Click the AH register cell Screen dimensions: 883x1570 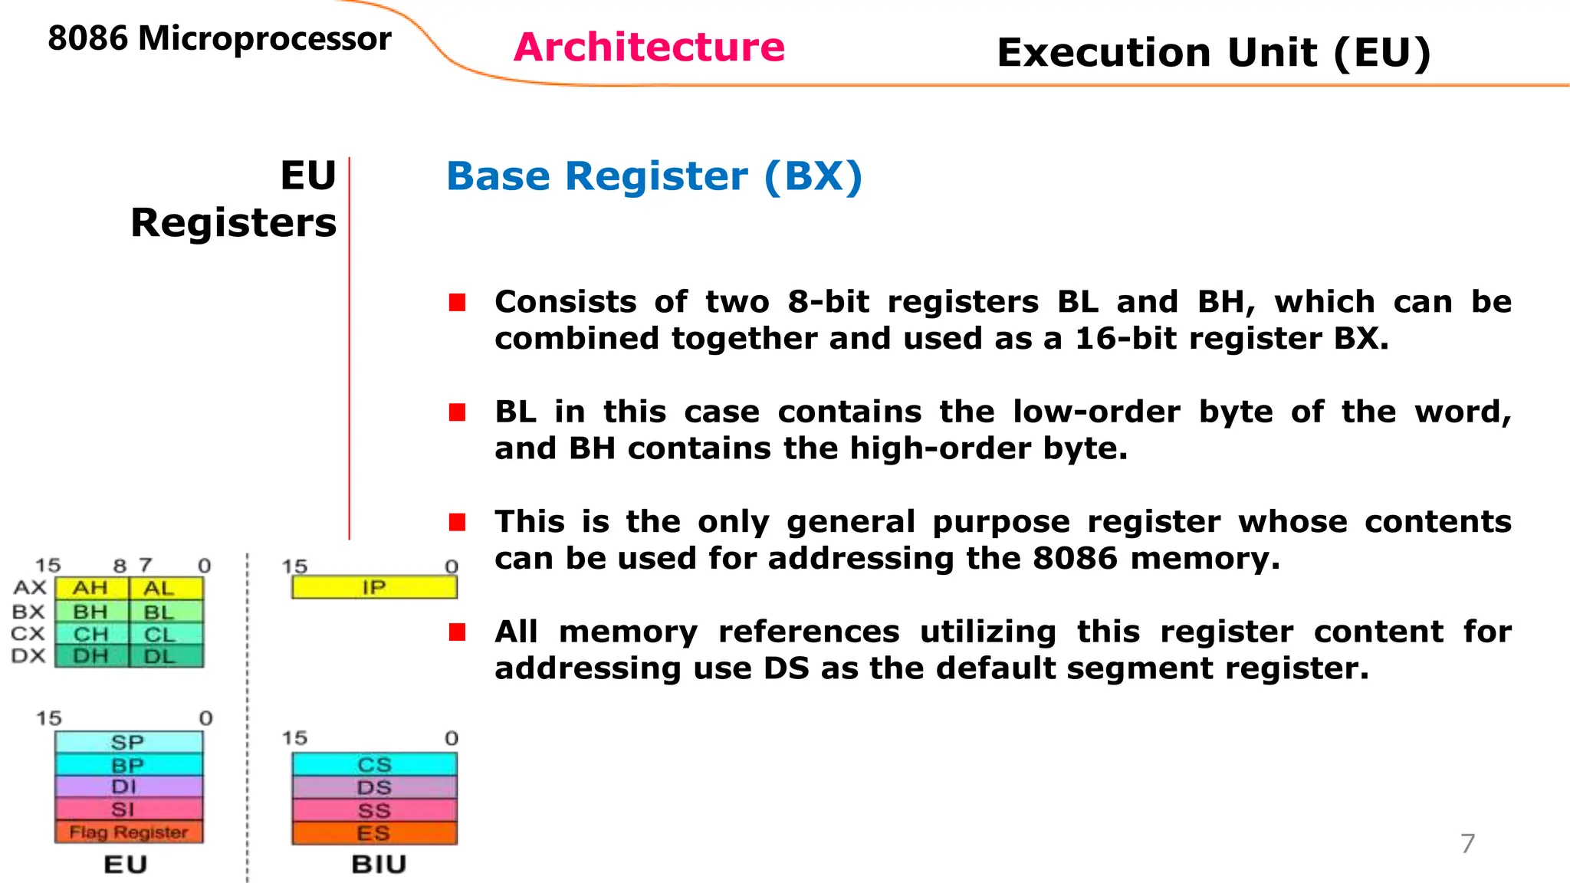[90, 588]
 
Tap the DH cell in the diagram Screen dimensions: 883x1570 [90, 656]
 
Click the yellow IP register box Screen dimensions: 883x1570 [374, 588]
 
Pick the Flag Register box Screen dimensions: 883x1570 [129, 832]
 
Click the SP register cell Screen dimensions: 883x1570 [128, 742]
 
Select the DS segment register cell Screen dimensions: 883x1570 [374, 788]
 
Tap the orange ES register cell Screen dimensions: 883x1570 [374, 833]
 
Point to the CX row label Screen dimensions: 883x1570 [28, 635]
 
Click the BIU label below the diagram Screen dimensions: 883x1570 [379, 865]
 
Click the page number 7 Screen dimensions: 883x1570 [1467, 843]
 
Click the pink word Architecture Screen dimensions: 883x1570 [649, 48]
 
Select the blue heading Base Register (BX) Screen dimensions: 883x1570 [654, 176]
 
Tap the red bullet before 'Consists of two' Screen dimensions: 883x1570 [458, 303]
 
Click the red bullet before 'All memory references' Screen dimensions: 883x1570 [458, 632]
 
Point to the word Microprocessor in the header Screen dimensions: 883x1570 [264, 38]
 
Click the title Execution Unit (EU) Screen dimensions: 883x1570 [1214, 53]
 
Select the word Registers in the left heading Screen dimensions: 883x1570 [234, 223]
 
